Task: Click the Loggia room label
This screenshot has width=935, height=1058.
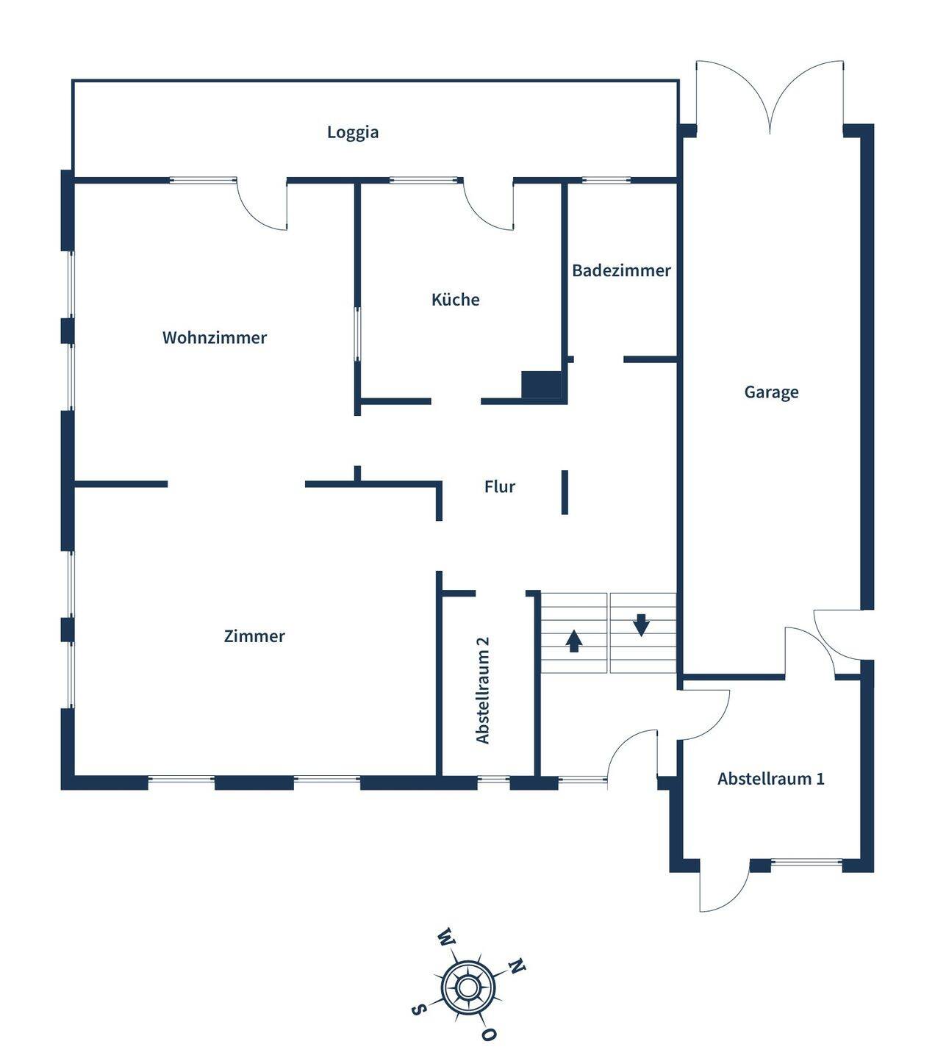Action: pos(353,132)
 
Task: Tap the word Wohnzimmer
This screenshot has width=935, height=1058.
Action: pos(215,338)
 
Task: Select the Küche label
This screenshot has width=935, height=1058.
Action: pos(455,300)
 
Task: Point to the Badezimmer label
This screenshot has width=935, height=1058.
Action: pos(621,270)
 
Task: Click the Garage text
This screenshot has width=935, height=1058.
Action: pos(771,392)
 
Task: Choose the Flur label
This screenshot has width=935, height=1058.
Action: pos(500,486)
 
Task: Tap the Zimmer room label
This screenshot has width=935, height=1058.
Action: pos(254,636)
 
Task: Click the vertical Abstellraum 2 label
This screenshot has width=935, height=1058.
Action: pos(483,690)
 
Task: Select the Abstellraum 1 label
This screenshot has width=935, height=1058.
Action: pos(771,779)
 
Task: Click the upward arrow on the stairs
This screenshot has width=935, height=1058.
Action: pos(574,641)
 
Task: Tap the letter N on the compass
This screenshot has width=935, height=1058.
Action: pos(517,966)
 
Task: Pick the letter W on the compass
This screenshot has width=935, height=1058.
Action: pos(446,938)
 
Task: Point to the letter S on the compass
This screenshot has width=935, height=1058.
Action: pos(418,1010)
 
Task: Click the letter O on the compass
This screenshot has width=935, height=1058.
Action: pos(489,1034)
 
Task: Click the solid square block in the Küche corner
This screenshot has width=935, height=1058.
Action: pos(542,384)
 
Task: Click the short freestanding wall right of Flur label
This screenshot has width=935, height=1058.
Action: pos(565,492)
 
